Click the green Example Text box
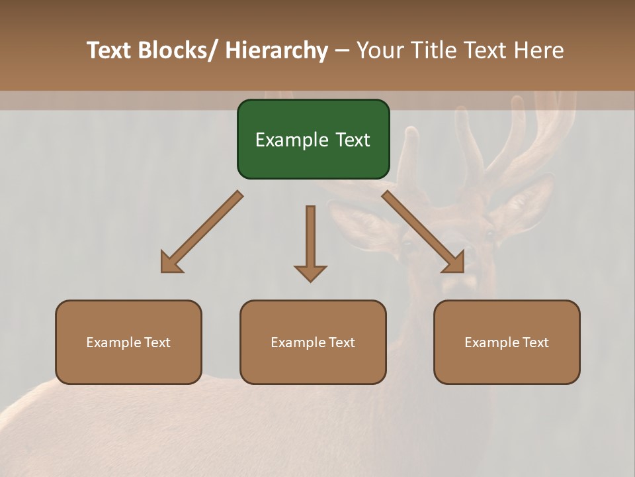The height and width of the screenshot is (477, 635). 313,139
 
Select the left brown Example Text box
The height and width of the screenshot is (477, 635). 128,342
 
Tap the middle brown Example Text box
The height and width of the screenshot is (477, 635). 313,342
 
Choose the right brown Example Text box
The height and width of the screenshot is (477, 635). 507,342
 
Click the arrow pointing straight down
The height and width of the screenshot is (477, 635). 310,242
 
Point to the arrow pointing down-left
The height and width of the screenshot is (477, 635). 202,232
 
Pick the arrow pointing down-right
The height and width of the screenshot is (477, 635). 423,232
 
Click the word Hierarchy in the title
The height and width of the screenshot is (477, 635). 276,50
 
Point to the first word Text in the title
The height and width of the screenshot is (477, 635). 109,50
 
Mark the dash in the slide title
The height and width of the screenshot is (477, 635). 342,50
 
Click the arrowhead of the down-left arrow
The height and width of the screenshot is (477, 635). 171,262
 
